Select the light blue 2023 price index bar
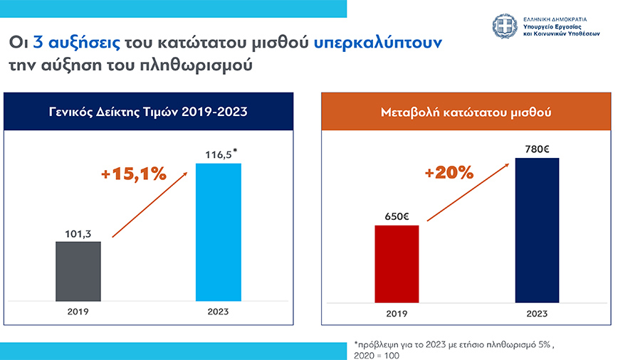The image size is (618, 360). tap(219, 231)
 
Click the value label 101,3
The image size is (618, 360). tap(79, 231)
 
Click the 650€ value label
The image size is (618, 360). tap(397, 216)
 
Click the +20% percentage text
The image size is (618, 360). tap(449, 172)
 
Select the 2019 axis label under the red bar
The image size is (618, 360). tap(397, 313)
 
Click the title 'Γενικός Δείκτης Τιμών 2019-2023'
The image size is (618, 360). tap(149, 112)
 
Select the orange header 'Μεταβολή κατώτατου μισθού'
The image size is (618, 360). tap(467, 112)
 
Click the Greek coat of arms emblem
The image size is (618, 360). tap(505, 26)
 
